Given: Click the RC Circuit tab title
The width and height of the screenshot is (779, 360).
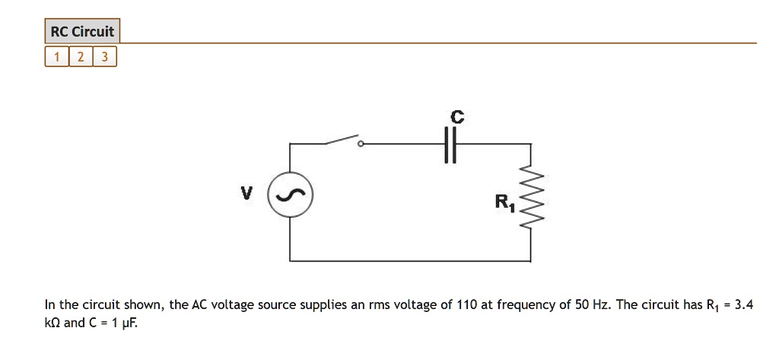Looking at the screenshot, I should [x=82, y=31].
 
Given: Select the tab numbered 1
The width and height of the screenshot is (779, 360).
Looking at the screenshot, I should [x=56, y=57].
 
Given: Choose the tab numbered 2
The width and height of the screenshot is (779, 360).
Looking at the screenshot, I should [x=81, y=57].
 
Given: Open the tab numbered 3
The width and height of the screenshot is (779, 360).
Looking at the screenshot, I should [x=104, y=57].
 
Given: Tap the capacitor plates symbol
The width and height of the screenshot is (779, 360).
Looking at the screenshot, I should [x=450, y=144].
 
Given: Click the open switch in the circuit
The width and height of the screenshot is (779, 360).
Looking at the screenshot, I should [x=342, y=140].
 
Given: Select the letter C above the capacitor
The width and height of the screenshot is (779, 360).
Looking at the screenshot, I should [x=456, y=116].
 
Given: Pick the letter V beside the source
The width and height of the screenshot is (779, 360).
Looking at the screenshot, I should [x=245, y=193].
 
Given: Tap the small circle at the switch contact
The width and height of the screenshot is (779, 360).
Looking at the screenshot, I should [x=361, y=143].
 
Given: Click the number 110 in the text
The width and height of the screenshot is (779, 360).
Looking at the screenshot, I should [x=466, y=305].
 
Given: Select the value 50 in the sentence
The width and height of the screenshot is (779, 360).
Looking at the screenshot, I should [x=583, y=305].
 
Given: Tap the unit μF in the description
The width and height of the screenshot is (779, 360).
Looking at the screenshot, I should [x=129, y=323].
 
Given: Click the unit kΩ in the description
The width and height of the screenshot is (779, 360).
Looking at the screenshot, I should [x=52, y=323].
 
